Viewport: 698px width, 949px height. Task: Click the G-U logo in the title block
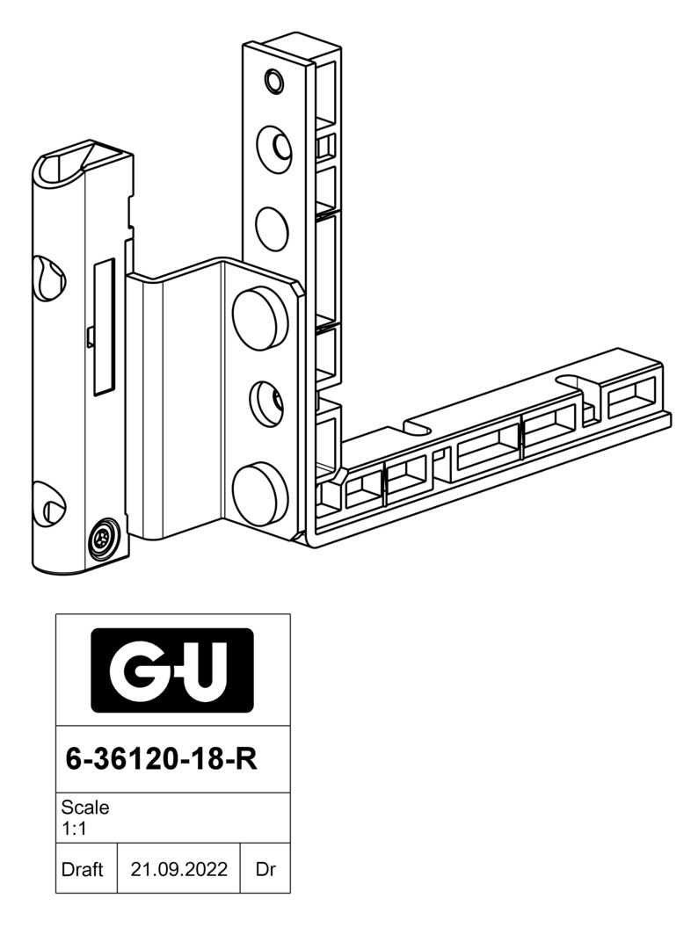pos(172,670)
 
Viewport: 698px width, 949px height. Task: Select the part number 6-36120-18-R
pos(161,759)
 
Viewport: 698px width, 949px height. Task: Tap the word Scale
pos(85,808)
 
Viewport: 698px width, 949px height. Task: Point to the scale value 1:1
pos(74,829)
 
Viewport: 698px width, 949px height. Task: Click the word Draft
pos(83,869)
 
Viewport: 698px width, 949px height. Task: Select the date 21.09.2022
pos(179,869)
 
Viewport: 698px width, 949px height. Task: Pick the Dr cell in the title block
pos(265,869)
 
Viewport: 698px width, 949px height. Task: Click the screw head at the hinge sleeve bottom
pos(104,538)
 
